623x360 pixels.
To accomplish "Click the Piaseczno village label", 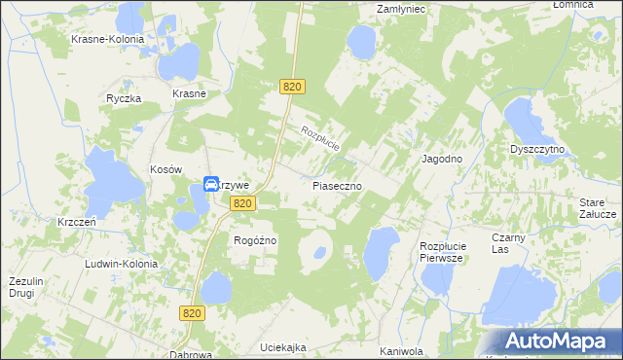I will (x=338, y=184).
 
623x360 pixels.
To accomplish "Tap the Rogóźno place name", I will (x=256, y=240).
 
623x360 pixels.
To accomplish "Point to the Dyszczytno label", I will (x=538, y=150).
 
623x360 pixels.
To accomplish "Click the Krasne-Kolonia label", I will (x=107, y=39).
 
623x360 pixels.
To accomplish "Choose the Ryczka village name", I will (x=125, y=98).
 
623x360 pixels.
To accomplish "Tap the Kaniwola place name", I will (x=400, y=351).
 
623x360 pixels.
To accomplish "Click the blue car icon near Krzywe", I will (x=211, y=184).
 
